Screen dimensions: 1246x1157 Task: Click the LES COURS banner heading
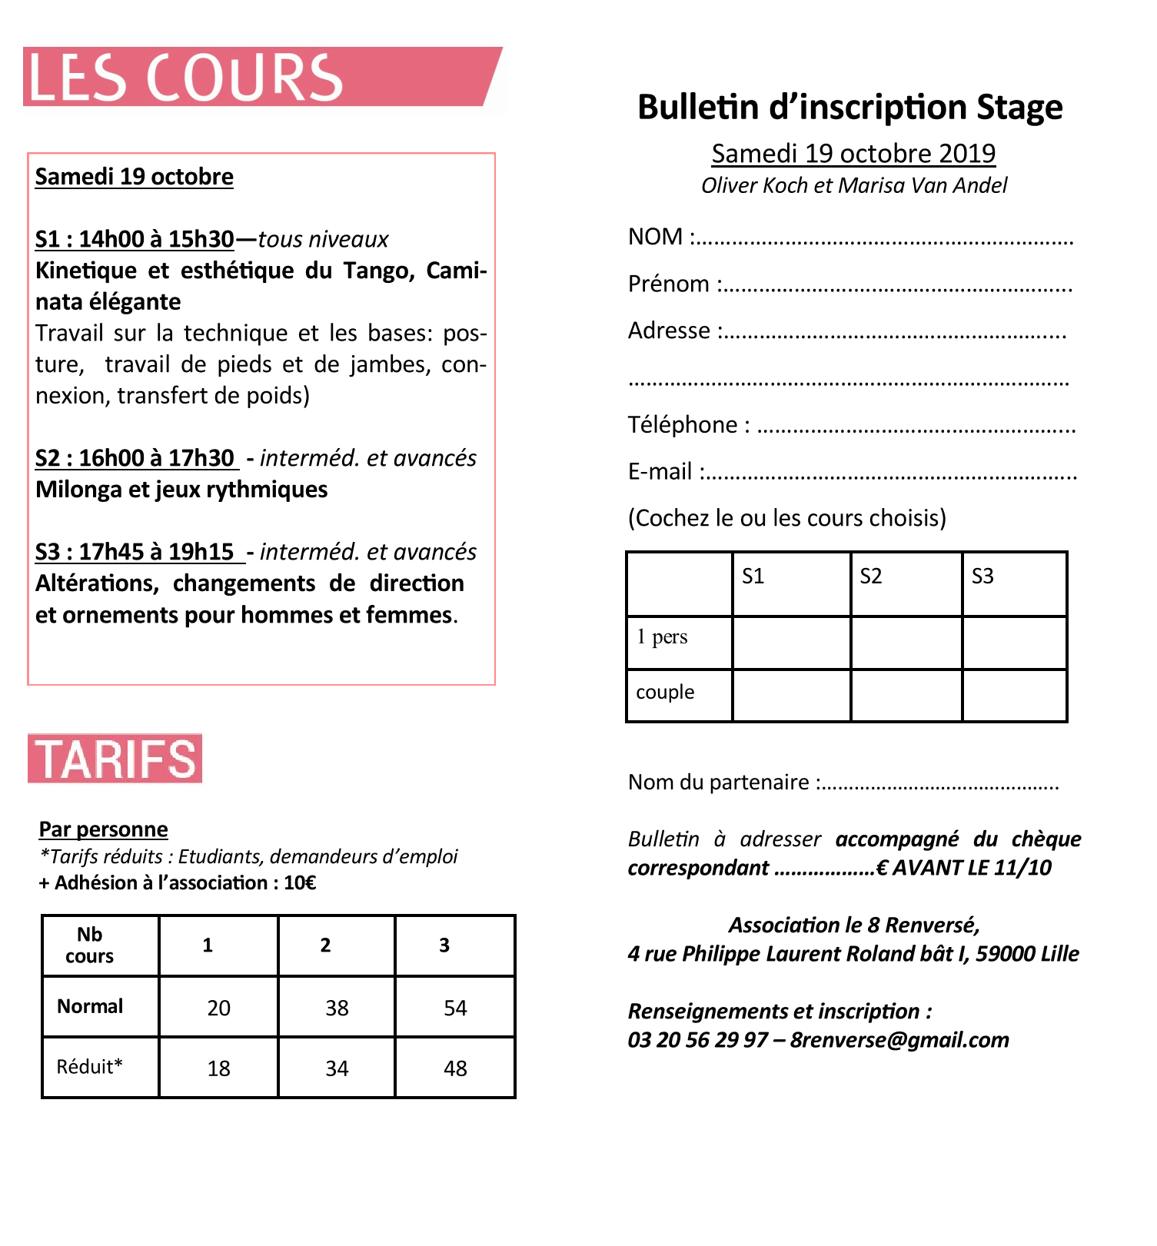tap(185, 77)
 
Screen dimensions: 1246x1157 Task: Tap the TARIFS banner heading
tap(115, 759)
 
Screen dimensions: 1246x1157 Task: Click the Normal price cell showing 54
tap(455, 1008)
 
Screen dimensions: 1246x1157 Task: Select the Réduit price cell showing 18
tap(218, 1068)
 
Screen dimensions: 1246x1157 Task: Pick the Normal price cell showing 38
tap(337, 1008)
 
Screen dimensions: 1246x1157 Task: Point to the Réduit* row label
tap(89, 1067)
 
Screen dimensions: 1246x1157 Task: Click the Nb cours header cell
tap(90, 945)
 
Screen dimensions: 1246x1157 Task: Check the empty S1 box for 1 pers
tap(791, 643)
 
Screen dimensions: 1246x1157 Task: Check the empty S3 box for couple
tap(1014, 696)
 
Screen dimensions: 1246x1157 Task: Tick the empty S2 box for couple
tap(906, 696)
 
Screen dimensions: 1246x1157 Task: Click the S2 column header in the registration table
tap(871, 576)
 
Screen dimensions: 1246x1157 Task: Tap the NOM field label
tap(655, 237)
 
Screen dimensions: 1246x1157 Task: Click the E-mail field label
tap(660, 471)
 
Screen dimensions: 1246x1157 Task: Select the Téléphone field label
tap(683, 424)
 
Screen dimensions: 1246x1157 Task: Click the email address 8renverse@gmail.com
tap(899, 1040)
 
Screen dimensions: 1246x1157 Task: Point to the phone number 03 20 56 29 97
tap(697, 1040)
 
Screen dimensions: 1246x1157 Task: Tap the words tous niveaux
tap(323, 240)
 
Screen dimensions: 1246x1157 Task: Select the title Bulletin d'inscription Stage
tap(849, 107)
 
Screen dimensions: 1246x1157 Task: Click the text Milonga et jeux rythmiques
tap(181, 490)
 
